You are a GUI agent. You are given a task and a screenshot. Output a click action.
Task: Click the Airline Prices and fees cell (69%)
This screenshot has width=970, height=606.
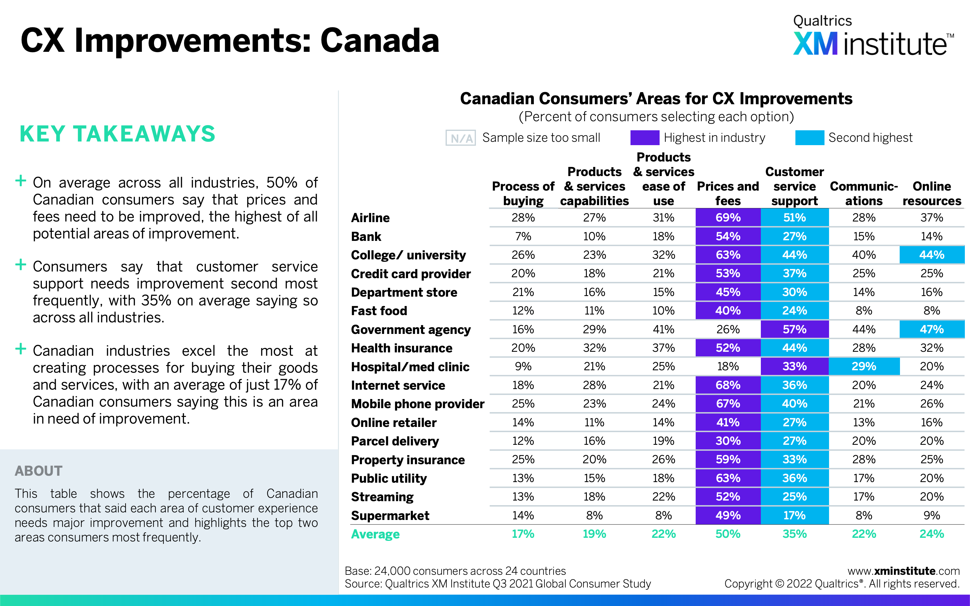pos(728,218)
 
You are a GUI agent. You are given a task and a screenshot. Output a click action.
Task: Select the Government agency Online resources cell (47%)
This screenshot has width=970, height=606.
pos(932,329)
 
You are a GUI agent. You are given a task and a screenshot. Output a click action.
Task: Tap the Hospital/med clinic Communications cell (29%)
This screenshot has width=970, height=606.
pos(864,366)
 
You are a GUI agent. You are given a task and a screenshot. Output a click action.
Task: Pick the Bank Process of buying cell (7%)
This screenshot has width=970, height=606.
pos(523,236)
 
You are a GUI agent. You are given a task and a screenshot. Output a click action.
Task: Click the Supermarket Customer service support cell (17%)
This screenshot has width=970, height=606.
pos(794,515)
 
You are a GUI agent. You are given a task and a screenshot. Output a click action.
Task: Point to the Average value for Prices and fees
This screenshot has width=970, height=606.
pos(728,534)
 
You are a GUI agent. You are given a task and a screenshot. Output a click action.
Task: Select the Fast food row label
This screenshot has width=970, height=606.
pos(379,311)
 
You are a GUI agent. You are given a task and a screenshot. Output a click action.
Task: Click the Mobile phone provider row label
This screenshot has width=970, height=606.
pos(418,404)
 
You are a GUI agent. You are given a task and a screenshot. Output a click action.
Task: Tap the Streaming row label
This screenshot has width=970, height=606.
pos(382,497)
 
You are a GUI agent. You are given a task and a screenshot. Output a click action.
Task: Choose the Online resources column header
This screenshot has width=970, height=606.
pos(932,194)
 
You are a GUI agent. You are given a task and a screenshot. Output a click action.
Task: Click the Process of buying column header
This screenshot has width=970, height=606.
pos(523,194)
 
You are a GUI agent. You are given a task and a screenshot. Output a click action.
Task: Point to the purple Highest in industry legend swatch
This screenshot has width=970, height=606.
pos(644,138)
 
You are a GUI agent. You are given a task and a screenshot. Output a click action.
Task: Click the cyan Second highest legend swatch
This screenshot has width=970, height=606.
pos(810,138)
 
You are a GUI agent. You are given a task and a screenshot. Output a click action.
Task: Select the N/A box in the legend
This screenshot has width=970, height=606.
pos(460,138)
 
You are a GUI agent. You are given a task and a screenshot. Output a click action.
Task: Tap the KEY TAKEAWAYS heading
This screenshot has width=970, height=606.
pos(117,134)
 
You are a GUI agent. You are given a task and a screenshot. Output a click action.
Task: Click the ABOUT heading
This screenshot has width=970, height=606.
pos(38,471)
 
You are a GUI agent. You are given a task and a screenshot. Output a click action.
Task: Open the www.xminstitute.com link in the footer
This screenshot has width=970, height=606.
pos(903,571)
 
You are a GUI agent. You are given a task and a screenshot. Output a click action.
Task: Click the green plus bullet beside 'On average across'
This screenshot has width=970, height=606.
pos(20,181)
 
